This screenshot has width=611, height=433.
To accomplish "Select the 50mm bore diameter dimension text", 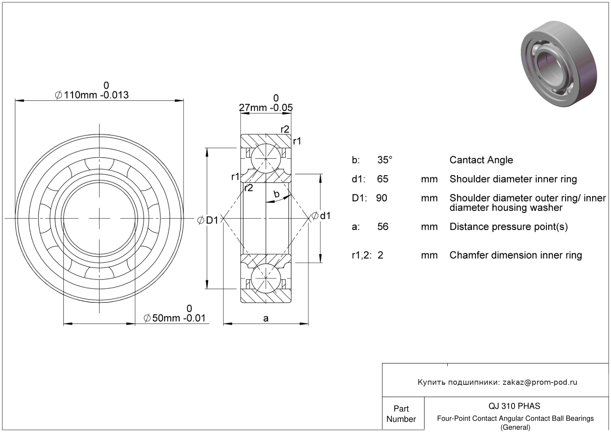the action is [x=174, y=314].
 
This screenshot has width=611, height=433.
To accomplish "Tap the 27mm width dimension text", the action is [x=266, y=104].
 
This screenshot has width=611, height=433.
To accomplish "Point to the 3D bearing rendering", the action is [x=559, y=64].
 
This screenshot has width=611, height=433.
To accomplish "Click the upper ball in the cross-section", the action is [x=266, y=158].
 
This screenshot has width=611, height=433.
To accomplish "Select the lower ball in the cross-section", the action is [x=266, y=278].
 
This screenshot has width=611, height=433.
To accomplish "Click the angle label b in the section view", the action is [x=277, y=194].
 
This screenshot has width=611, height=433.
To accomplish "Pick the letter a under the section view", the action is [x=266, y=318].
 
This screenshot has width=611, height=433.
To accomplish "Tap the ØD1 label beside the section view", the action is [x=208, y=220].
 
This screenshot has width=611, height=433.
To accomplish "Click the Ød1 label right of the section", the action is [x=321, y=216].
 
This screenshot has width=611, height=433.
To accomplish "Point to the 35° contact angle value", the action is [x=385, y=160].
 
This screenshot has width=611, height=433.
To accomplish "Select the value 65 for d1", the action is [x=383, y=179].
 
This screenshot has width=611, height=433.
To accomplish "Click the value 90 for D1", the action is [x=382, y=198].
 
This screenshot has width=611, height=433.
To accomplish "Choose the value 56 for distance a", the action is [x=383, y=227].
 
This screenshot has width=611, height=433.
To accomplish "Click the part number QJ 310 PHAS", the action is [x=514, y=406].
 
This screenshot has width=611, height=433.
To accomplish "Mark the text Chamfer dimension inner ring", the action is [x=516, y=255].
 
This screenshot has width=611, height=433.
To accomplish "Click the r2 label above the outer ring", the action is [x=285, y=129].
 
